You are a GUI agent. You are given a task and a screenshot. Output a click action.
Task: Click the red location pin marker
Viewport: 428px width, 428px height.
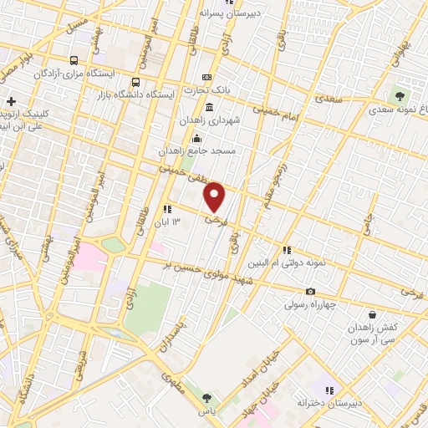click(216, 197)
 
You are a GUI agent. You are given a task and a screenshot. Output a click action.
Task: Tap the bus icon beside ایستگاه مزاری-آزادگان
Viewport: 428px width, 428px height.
click(74, 60)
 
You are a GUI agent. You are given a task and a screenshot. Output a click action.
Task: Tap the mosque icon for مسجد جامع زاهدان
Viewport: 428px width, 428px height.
click(196, 138)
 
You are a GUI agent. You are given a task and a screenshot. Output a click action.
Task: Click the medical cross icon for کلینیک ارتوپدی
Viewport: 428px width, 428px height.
click(11, 101)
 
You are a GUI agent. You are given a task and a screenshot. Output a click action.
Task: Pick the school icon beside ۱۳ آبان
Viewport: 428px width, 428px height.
click(167, 208)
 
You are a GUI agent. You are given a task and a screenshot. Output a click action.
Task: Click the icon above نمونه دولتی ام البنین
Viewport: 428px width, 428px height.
click(287, 249)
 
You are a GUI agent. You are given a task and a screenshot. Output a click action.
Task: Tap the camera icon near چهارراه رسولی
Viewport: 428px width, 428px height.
click(310, 291)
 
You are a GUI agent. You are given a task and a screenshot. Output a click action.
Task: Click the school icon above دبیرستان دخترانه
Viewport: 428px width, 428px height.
click(329, 390)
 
